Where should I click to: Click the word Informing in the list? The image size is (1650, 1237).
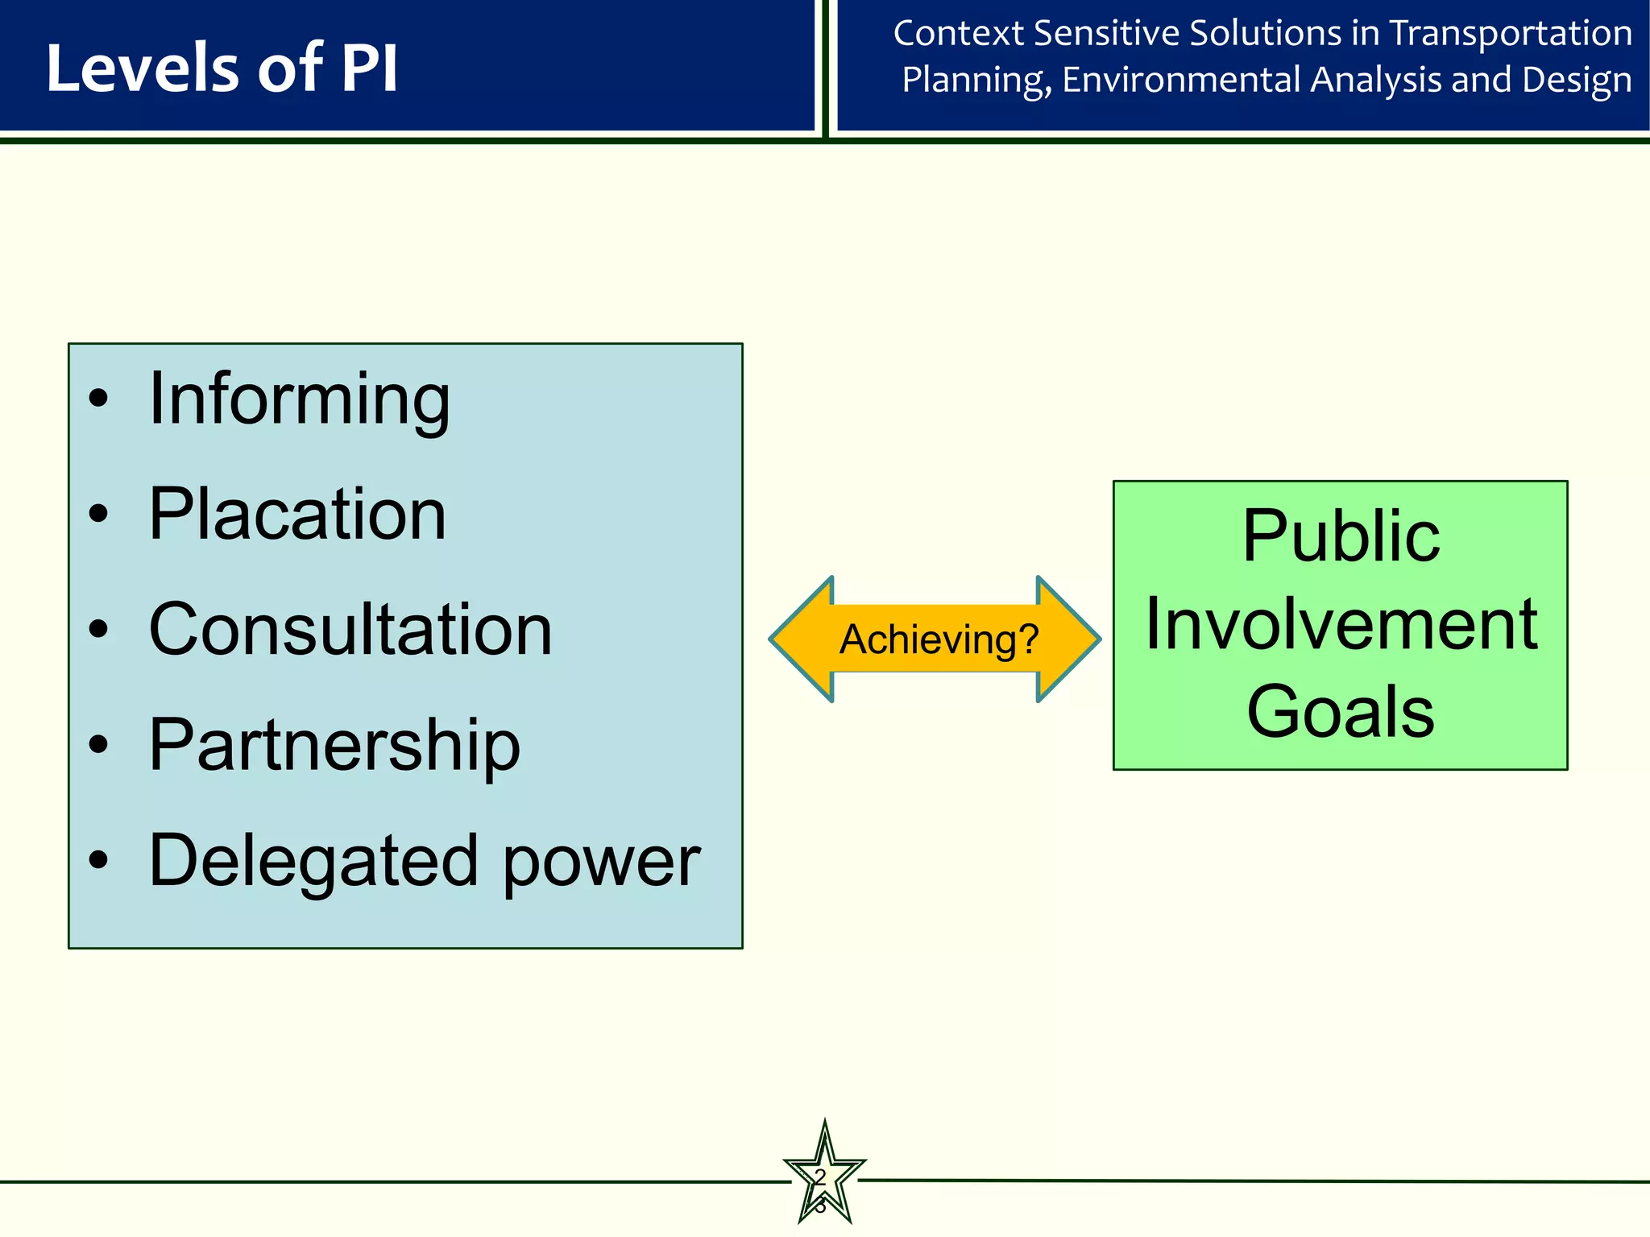coord(299,400)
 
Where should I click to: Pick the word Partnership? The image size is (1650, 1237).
coord(334,745)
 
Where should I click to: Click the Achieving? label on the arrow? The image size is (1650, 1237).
coord(939,640)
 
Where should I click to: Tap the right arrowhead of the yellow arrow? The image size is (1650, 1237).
coord(1068,639)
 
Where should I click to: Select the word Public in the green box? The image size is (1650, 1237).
coord(1341,536)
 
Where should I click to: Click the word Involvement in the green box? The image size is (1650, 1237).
coord(1341,624)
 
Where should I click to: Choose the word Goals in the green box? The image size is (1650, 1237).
coord(1341,712)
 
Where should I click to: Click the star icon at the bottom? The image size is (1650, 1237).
coord(824,1176)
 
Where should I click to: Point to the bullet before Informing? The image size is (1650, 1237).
coord(98,398)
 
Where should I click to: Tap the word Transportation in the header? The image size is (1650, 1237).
coord(1511,34)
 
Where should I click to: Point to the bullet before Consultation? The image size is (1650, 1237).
coord(98,629)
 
